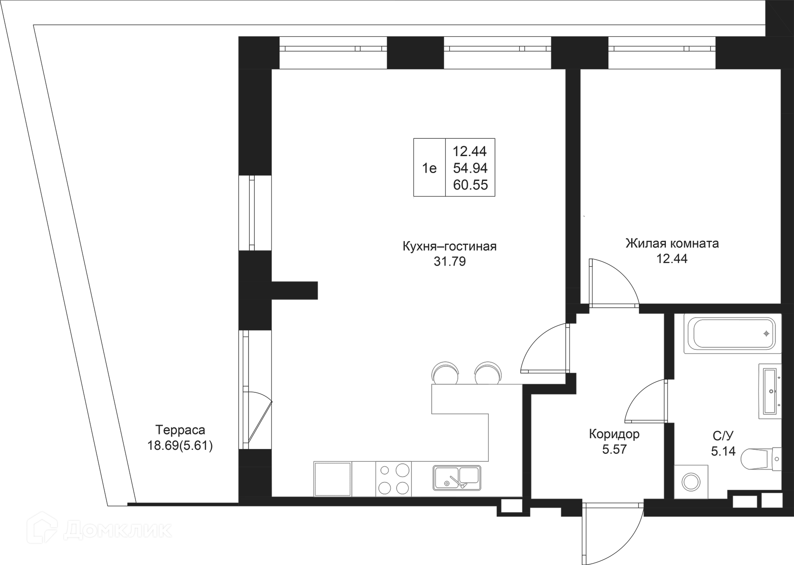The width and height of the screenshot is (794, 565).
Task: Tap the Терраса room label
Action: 180,430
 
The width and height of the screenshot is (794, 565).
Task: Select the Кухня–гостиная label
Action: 450,247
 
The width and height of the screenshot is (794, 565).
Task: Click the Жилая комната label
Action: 672,243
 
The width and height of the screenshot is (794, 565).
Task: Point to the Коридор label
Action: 614,434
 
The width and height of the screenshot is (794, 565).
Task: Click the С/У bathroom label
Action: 723,436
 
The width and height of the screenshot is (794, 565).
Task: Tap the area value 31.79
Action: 450,261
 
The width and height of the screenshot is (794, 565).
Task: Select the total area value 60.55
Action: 470,185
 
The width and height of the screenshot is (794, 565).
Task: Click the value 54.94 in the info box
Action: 470,168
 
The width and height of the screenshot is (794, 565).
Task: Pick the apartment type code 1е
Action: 429,168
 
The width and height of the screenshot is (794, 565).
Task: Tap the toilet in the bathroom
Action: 761,459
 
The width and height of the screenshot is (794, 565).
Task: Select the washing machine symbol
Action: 691,482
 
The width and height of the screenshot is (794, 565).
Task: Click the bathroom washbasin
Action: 770,391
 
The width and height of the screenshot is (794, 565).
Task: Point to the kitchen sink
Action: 457,478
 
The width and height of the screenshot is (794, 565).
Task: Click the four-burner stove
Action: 394,479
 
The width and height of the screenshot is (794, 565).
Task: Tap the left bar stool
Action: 445,373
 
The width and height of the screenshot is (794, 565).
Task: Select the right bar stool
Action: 488,373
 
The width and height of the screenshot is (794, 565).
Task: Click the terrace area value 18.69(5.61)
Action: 180,446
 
